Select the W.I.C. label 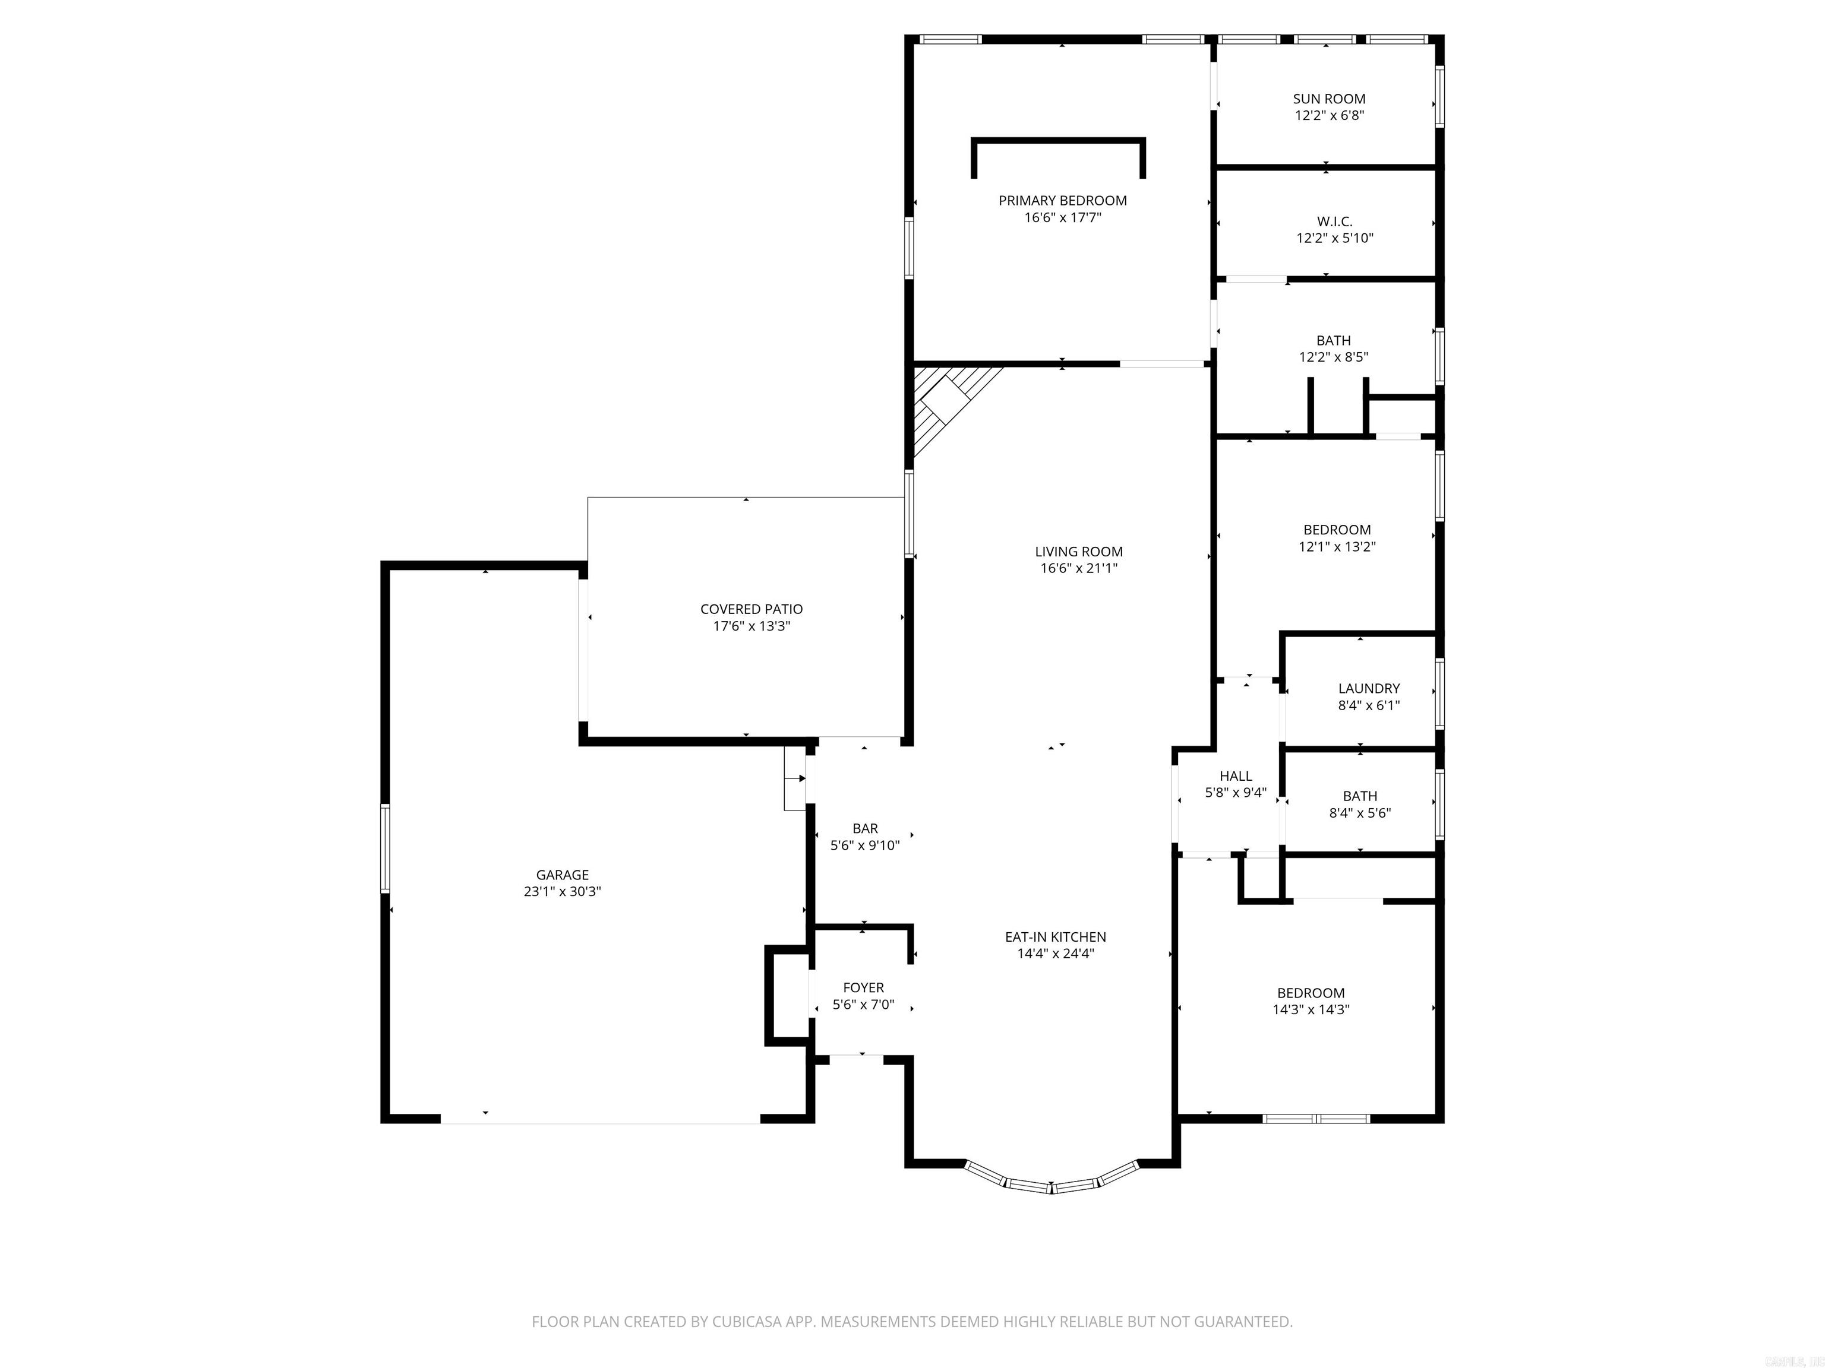[x=1334, y=221]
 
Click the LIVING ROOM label [x=1078, y=552]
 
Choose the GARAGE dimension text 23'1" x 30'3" [x=562, y=891]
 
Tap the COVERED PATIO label [x=751, y=609]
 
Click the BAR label [x=864, y=828]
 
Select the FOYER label [x=863, y=987]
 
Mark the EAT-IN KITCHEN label [x=1055, y=937]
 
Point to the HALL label [x=1235, y=776]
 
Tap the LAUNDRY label [x=1368, y=688]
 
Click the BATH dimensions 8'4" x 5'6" [x=1360, y=813]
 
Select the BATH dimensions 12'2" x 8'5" [x=1333, y=357]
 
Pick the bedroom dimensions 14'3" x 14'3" [x=1310, y=1009]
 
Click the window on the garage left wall [x=384, y=848]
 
